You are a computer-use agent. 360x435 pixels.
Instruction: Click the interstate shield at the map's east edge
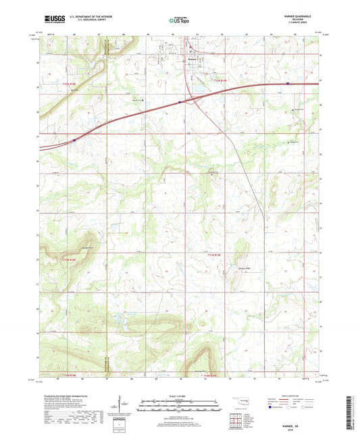click(288, 84)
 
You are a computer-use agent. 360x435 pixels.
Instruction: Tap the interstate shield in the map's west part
click(74, 138)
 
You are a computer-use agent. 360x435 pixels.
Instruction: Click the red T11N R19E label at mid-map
click(214, 254)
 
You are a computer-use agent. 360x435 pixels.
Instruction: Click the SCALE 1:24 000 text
click(180, 396)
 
